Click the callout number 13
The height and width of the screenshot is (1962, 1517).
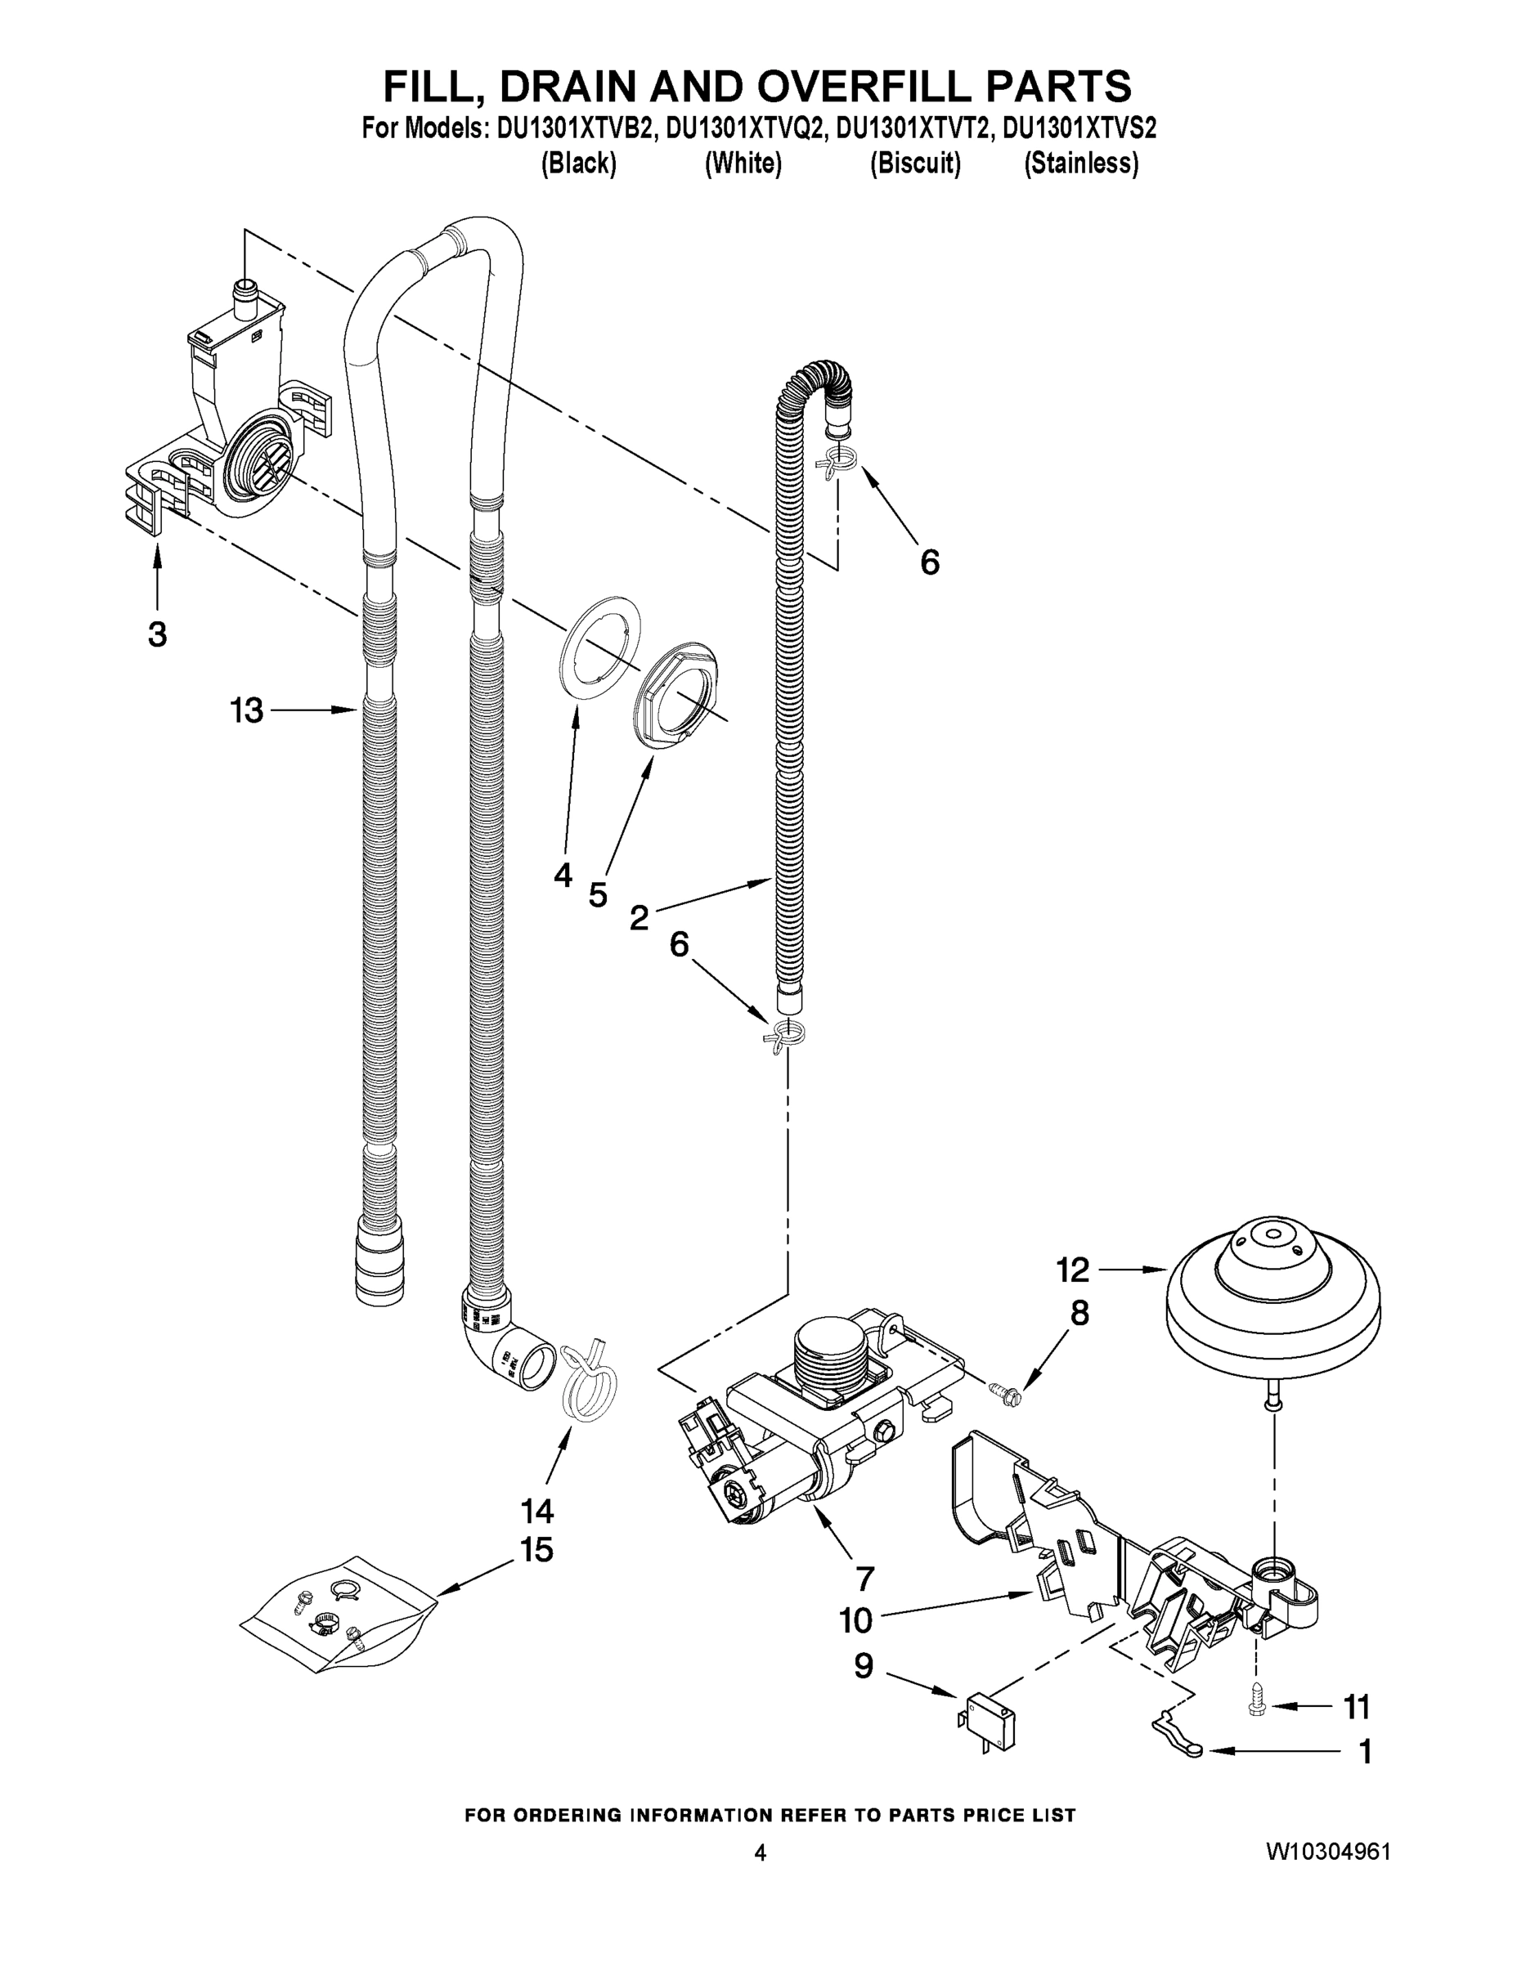pos(246,710)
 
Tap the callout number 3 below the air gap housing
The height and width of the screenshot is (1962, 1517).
pos(157,634)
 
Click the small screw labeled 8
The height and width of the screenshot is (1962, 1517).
pos(1000,1390)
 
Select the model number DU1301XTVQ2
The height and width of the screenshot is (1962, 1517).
pos(744,129)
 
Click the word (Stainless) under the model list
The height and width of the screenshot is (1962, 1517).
pos(1081,163)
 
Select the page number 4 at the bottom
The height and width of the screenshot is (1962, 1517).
pos(761,1853)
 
